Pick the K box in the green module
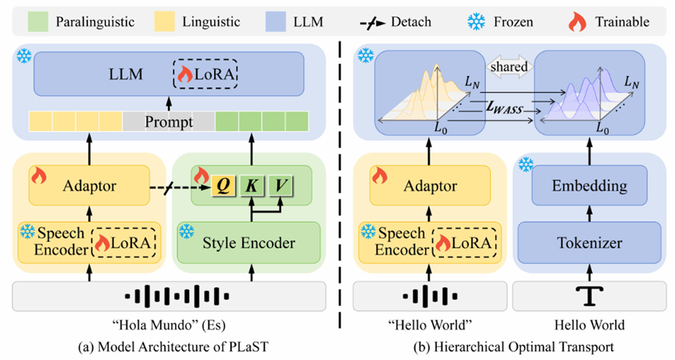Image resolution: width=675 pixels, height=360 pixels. pyautogui.click(x=253, y=186)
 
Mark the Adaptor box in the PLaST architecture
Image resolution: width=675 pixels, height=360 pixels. pyautogui.click(x=90, y=186)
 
